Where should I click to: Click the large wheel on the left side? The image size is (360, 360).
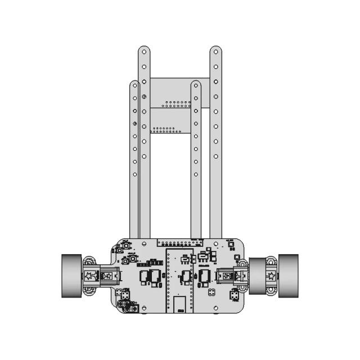tap(71, 276)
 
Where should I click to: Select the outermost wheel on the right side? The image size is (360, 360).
tap(288, 276)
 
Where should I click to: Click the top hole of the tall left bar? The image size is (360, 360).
tap(145, 52)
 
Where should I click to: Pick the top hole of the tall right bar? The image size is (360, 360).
tap(215, 52)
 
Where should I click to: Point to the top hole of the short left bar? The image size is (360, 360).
tap(134, 85)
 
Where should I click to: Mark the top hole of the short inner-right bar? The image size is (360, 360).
tap(196, 85)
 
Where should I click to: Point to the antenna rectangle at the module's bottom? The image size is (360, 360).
tap(179, 304)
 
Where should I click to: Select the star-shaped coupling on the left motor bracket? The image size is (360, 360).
tap(89, 276)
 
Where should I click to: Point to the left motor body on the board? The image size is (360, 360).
tap(107, 276)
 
